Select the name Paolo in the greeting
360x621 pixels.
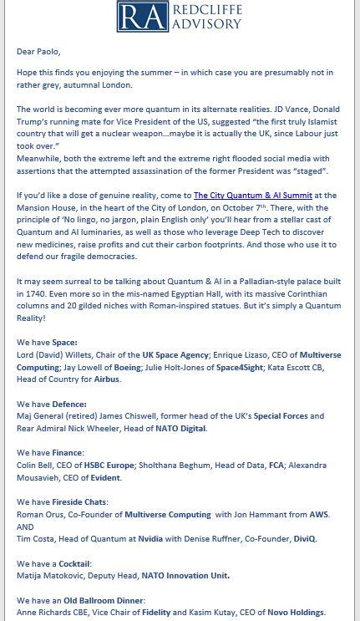[47, 52]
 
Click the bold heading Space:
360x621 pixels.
[64, 343]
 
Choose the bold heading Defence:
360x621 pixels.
[69, 405]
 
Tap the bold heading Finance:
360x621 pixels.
[69, 453]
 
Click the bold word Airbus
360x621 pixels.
[107, 379]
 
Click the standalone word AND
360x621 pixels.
[25, 527]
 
